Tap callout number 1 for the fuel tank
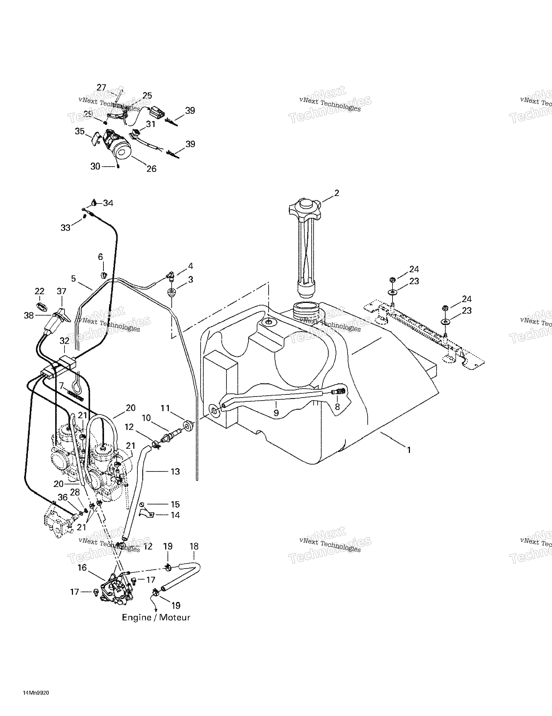coord(409,450)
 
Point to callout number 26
coord(151,169)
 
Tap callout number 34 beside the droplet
coord(108,203)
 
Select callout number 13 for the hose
coord(175,471)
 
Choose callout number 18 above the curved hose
coord(194,546)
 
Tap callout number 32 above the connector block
coord(64,341)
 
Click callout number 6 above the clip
coord(100,257)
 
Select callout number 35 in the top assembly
coord(80,132)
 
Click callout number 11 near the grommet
coord(165,408)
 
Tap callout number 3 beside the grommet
coord(190,280)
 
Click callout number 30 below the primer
coord(95,167)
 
